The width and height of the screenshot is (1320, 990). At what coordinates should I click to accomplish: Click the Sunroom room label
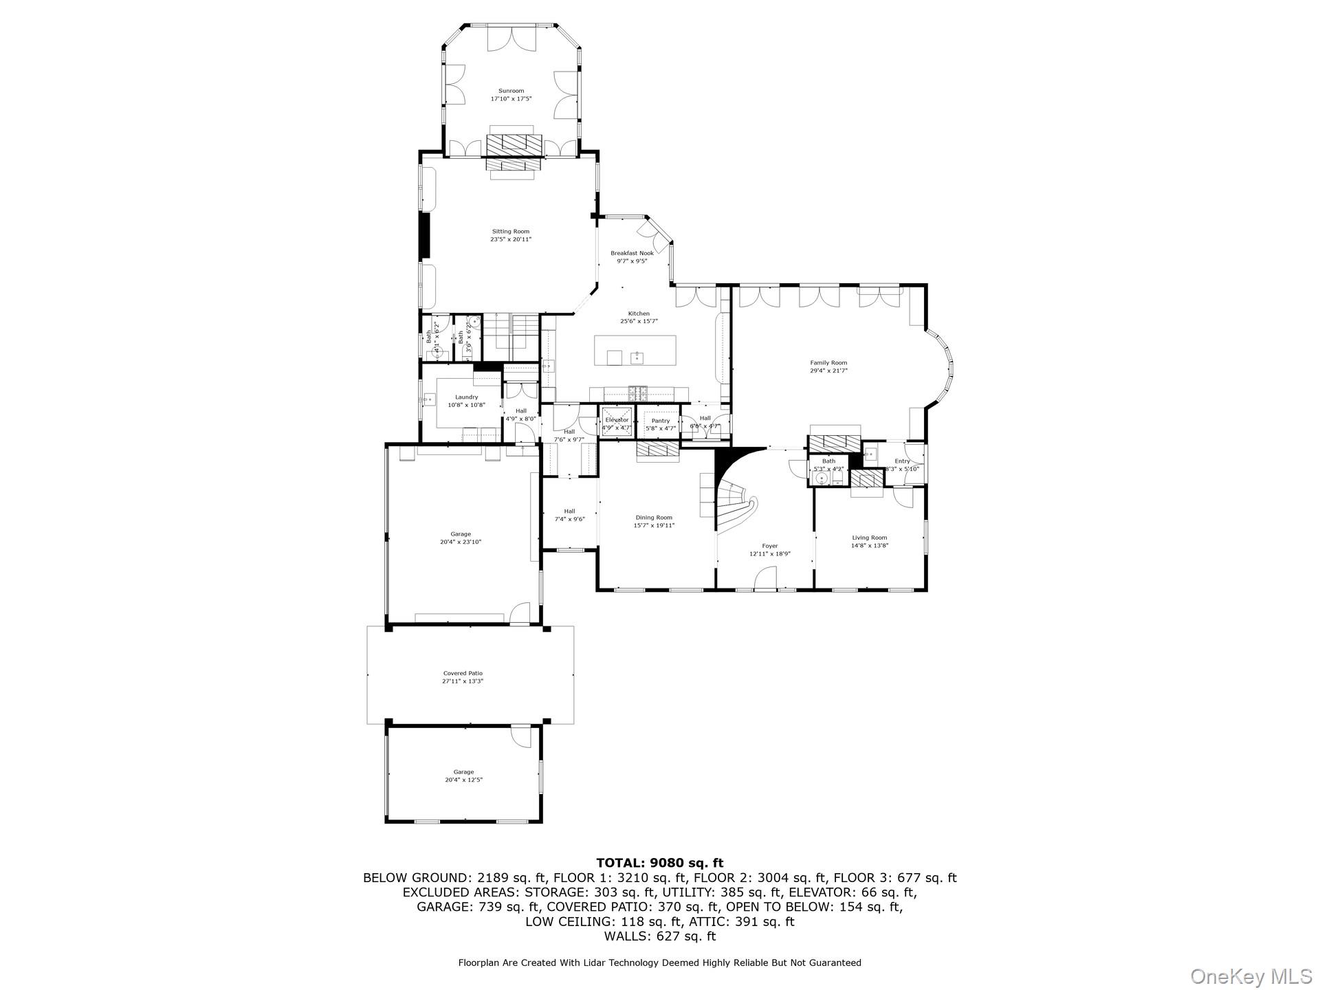click(x=511, y=91)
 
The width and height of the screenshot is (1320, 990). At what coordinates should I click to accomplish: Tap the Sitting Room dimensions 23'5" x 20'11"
click(x=511, y=240)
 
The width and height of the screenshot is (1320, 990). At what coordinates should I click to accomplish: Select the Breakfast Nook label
click(x=632, y=253)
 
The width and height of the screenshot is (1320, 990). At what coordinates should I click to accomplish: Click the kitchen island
click(x=636, y=351)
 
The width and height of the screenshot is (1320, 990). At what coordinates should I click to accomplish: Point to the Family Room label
click(x=828, y=362)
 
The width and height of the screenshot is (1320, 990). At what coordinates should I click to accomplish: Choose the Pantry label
click(x=660, y=421)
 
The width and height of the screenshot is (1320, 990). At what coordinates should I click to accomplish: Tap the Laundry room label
click(x=466, y=397)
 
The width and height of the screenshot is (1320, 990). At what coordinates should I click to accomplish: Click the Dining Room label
click(x=654, y=518)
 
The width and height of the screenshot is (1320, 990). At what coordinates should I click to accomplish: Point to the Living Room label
click(x=870, y=538)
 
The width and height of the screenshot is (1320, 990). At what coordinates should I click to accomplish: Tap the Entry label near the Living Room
click(x=902, y=461)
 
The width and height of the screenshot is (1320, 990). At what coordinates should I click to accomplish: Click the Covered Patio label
click(x=463, y=673)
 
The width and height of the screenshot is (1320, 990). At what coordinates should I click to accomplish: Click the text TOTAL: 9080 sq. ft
click(x=659, y=863)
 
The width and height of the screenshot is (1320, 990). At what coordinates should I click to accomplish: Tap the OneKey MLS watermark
click(x=1251, y=976)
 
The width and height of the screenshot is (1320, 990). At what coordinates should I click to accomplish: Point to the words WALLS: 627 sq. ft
click(x=659, y=936)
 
